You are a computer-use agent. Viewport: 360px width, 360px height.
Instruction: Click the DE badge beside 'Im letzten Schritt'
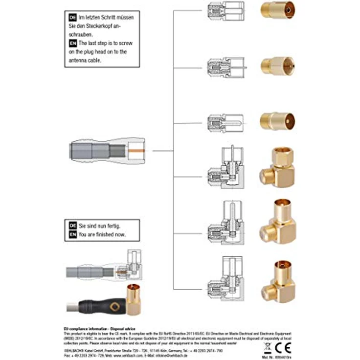[73, 17]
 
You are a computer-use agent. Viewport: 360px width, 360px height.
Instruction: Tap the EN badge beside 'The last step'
[73, 43]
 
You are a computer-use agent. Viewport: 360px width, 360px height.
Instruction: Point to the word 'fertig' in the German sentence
[111, 225]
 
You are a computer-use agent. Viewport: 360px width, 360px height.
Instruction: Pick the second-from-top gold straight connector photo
[276, 65]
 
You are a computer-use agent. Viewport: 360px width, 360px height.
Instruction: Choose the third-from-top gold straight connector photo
[277, 120]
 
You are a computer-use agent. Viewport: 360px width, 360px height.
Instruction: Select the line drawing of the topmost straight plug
[224, 10]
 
